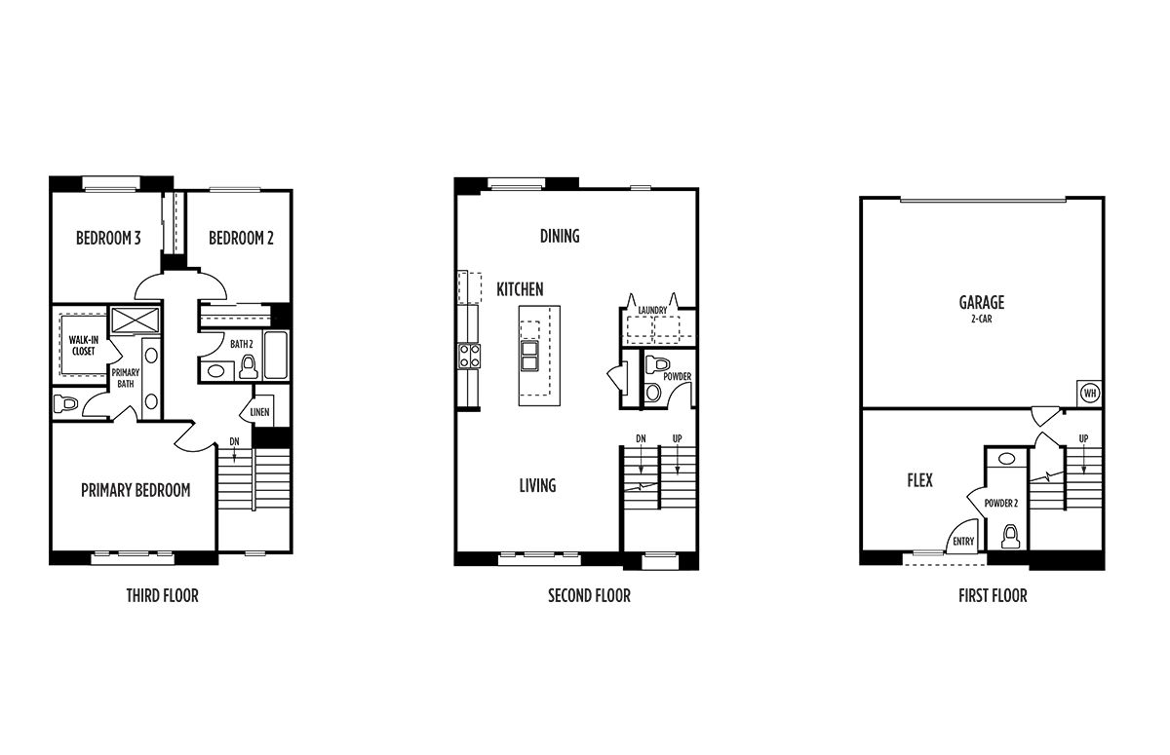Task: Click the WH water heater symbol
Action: tap(1090, 393)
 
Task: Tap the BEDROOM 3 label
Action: tap(108, 238)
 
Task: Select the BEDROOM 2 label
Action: tap(241, 238)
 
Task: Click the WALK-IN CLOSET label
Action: tap(84, 346)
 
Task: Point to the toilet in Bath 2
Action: tap(250, 367)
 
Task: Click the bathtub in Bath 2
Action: tap(276, 355)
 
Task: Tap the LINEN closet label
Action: tap(259, 412)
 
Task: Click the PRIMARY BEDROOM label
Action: tap(136, 490)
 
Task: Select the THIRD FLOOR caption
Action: tap(163, 596)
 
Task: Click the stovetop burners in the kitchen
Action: tap(470, 356)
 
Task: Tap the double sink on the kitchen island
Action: tap(530, 356)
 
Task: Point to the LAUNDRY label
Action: tap(652, 311)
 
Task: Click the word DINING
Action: tap(560, 236)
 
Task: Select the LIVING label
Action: tap(537, 486)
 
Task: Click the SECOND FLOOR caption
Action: tap(589, 596)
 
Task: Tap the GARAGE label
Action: tap(982, 302)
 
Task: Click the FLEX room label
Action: tap(919, 480)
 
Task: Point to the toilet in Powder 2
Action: tap(1011, 537)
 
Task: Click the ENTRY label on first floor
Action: tap(963, 542)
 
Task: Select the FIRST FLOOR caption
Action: tap(993, 596)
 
